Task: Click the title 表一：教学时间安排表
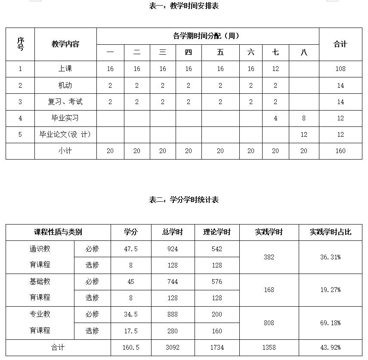[x=184, y=6]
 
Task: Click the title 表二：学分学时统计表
[x=184, y=200]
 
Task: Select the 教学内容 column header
[x=65, y=44]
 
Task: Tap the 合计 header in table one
[x=340, y=44]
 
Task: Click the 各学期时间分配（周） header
[x=207, y=36]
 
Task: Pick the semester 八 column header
[x=304, y=52]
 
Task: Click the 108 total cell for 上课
[x=340, y=69]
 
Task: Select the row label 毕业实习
[x=65, y=118]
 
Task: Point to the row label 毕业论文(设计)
[x=65, y=135]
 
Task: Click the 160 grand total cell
[x=340, y=151]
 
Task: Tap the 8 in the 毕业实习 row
[x=304, y=118]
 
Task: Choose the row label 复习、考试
[x=65, y=102]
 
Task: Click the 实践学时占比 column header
[x=331, y=232]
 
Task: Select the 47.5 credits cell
[x=131, y=249]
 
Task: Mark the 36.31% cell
[x=331, y=257]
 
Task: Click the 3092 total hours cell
[x=173, y=348]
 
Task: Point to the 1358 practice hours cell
[x=269, y=348]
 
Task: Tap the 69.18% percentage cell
[x=331, y=323]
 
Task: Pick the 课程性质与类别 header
[x=58, y=232]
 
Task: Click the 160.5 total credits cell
[x=131, y=348]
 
